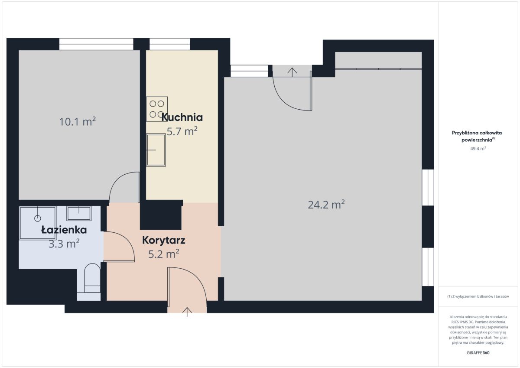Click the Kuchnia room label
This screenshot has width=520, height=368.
(182, 117)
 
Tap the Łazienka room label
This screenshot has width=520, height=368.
(64, 230)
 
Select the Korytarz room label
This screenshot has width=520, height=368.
(164, 240)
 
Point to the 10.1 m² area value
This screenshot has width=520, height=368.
(78, 122)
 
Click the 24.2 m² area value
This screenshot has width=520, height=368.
(326, 205)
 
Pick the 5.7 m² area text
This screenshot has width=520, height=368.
(182, 131)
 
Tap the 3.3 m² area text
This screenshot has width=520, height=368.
(64, 244)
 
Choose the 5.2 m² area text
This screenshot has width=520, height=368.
(164, 254)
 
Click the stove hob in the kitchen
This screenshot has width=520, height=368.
(157, 109)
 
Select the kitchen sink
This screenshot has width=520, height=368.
(156, 150)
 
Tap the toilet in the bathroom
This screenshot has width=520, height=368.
(92, 278)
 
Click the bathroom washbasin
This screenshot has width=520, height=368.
(79, 213)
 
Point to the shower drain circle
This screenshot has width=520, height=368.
(38, 218)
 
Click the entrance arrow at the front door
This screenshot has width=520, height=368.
(187, 312)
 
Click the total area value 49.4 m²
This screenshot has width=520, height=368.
(478, 148)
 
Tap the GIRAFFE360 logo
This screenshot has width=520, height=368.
(478, 353)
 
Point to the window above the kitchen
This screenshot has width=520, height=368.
(170, 44)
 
